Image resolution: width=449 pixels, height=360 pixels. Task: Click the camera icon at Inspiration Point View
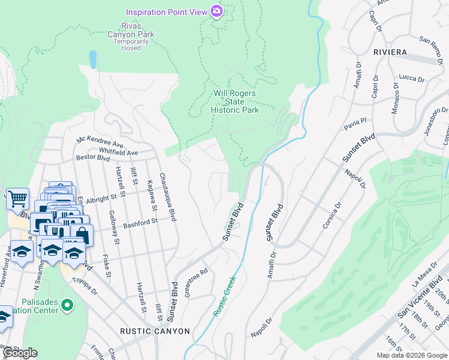[217, 11]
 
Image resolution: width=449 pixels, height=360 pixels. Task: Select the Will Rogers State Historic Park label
[236, 101]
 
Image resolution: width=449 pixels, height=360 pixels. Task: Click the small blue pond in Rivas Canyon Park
[92, 59]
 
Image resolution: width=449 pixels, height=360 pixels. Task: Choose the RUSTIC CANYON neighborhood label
[155, 331]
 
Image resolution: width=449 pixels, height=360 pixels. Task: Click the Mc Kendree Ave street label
[100, 142]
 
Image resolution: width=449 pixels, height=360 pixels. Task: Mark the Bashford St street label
[140, 223]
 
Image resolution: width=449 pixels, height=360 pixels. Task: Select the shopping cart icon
[17, 197]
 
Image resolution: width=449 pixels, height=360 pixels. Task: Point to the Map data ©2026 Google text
[411, 355]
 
